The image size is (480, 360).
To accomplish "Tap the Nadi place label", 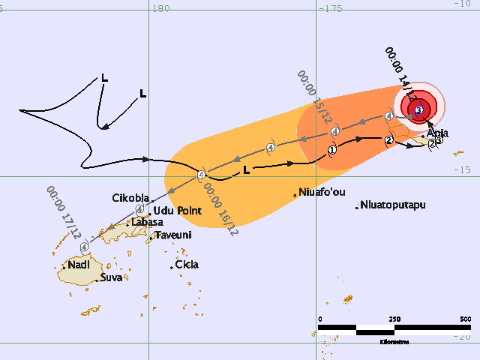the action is point(79,265).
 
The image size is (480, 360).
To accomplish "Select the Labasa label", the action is point(148,222).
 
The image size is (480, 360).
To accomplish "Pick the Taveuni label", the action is point(173,235).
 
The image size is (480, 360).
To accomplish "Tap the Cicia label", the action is point(186,265).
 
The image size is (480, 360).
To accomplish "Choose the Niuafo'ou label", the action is point(325,191).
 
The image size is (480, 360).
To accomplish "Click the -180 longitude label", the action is point(157,8).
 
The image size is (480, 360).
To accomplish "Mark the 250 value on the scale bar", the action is point(394,319).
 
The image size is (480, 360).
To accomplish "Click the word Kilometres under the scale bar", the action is point(394,341).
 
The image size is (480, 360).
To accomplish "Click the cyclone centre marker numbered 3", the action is point(418,110).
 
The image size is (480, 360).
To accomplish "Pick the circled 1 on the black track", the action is point(331,150).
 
